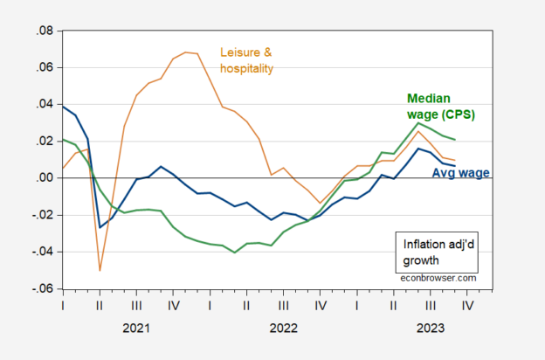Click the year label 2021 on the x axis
tap(135, 329)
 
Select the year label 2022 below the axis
tap(283, 329)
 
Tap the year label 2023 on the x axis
tap(431, 329)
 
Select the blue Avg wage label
tap(461, 173)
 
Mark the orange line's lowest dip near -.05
tap(100, 270)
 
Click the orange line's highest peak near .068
tap(185, 52)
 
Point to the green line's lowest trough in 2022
tap(235, 253)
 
